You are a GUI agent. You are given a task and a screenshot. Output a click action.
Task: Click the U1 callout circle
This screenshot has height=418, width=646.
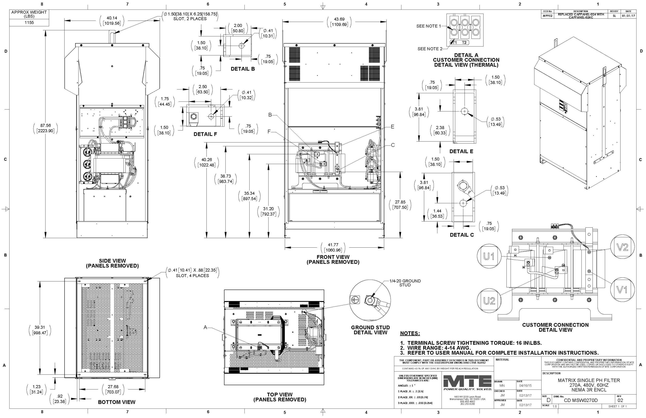point(489,256)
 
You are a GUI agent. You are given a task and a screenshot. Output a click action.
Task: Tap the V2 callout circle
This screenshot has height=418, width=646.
point(622,247)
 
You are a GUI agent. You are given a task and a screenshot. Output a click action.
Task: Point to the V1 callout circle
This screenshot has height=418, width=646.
point(622,290)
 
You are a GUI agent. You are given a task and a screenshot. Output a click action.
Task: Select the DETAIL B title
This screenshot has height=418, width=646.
point(243,69)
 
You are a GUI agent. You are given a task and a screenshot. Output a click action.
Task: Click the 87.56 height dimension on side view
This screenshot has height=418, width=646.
point(46,128)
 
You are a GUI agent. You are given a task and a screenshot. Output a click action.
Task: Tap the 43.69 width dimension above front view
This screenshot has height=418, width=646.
point(339,22)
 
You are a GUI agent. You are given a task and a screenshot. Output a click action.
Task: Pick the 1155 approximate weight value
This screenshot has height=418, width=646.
point(29,22)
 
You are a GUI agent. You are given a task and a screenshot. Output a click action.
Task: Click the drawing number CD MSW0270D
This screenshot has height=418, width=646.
point(581,400)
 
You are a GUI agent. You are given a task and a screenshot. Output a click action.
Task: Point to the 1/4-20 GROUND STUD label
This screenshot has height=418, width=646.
point(405,283)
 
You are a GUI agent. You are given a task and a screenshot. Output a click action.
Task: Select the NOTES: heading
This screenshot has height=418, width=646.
point(410,333)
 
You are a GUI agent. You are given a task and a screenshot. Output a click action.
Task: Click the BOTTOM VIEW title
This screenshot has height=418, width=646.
point(116,402)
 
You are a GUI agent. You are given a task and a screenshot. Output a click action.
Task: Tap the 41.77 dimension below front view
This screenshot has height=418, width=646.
point(333,247)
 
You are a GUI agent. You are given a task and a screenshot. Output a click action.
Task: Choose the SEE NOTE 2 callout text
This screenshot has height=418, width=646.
point(430,49)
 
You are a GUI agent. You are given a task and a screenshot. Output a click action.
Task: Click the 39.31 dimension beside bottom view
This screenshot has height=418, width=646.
point(40,330)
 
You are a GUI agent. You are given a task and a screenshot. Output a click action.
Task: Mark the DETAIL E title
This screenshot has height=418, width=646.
point(461,151)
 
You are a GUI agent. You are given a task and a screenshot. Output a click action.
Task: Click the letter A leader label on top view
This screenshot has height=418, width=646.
point(205,328)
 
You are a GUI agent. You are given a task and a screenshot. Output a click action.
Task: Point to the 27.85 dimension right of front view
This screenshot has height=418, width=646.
point(400,205)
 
